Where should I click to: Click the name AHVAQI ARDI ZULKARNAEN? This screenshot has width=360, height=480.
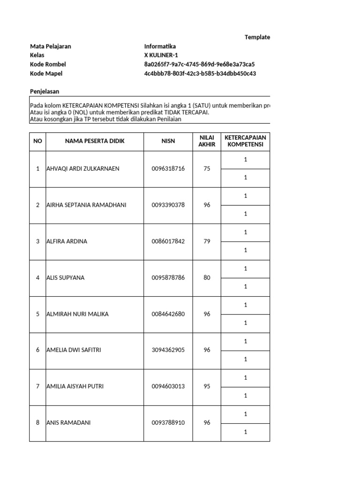82,169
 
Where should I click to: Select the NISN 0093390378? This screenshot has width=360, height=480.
168,205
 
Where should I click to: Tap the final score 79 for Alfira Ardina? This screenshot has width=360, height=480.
207,241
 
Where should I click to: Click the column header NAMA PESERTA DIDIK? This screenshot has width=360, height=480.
95,141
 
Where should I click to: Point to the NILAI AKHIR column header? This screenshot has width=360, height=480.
207,141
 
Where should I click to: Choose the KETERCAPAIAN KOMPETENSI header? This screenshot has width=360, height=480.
245,141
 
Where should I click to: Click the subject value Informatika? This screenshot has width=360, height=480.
160,46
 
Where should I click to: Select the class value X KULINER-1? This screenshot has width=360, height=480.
161,55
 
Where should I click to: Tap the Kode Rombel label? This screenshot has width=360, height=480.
48,64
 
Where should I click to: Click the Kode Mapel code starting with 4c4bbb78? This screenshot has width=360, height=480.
200,74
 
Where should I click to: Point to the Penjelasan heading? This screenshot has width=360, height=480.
45,91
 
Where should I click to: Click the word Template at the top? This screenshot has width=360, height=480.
257,37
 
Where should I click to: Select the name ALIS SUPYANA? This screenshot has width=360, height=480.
66,277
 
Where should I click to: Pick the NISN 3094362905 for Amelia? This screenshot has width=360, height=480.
168,350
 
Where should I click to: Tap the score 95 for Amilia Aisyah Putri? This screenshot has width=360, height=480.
207,386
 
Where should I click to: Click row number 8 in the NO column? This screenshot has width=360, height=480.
37,423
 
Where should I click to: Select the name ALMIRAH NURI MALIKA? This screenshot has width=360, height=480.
77,314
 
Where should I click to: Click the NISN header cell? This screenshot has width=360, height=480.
168,141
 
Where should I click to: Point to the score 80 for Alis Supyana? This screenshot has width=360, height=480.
207,277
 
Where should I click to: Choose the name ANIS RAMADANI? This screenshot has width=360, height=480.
68,423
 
